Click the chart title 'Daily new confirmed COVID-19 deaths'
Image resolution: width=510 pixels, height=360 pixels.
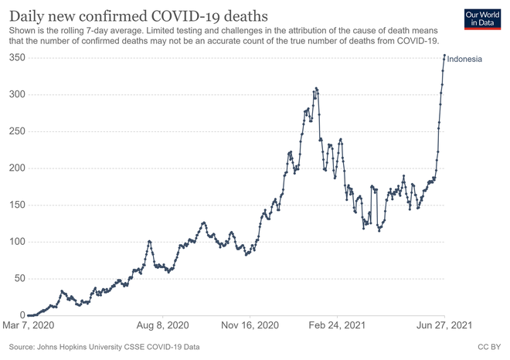138,16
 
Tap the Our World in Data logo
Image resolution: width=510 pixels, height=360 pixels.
482,19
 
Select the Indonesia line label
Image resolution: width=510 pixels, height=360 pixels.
464,59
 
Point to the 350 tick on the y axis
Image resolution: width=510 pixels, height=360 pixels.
18,58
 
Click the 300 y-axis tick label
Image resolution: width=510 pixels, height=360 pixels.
18,94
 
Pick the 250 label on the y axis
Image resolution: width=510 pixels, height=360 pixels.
18,131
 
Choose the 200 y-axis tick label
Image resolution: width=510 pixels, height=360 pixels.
18,168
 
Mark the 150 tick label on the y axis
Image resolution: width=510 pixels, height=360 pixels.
18,205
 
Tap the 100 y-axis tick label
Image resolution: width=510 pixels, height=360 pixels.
18,242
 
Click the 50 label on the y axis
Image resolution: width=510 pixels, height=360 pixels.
20,278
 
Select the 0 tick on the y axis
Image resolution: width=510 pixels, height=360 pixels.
22,314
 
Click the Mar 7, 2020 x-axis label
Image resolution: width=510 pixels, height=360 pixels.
29,325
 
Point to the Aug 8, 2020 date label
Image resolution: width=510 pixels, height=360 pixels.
162,325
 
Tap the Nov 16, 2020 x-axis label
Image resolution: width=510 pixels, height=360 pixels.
250,325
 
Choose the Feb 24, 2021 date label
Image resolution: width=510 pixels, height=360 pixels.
337,325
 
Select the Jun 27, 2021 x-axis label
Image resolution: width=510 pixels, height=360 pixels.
444,325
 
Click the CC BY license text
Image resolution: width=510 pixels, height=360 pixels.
489,347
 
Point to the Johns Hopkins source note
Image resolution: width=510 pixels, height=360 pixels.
104,347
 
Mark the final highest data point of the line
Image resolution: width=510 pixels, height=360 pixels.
444,56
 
